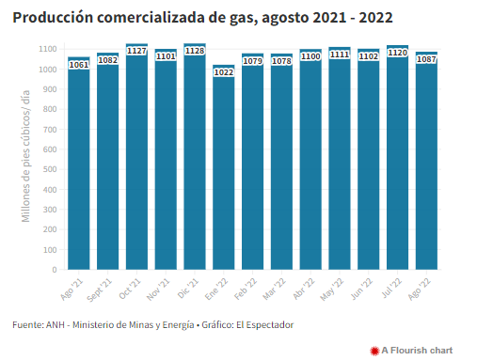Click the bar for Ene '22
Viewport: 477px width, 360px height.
point(224,167)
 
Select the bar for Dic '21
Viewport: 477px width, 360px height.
point(195,156)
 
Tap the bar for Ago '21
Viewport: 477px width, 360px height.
point(79,164)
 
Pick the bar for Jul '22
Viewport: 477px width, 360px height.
point(398,157)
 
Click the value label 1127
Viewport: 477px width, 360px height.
point(136,51)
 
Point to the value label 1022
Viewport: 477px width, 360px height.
point(224,72)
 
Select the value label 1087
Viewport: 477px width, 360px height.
point(426,59)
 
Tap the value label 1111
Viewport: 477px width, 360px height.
point(340,55)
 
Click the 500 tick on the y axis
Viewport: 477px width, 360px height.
point(50,169)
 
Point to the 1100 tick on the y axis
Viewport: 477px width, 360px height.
point(48,49)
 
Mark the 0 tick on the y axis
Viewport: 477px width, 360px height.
point(55,270)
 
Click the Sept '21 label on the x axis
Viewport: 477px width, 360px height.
point(100,290)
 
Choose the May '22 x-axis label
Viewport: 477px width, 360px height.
point(332,290)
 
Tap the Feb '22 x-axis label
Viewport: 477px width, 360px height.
point(246,289)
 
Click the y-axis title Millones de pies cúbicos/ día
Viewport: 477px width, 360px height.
point(25,156)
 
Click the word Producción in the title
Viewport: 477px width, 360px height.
point(53,18)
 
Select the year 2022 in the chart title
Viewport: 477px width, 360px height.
point(375,18)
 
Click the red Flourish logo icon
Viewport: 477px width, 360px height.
point(374,351)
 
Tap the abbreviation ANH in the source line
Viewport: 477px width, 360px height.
point(56,325)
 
